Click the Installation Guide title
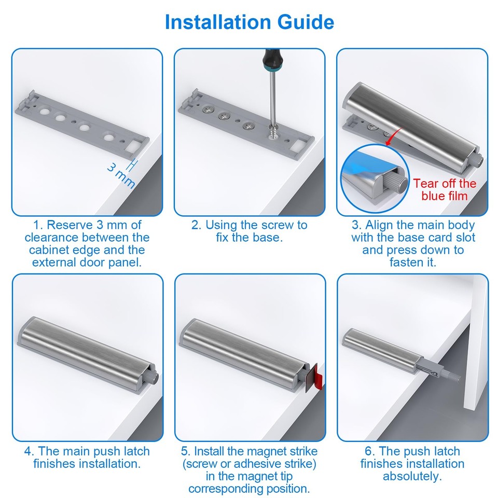tap(249, 23)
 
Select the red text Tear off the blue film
tap(445, 189)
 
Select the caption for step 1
tap(87, 243)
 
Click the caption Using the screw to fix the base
tap(250, 231)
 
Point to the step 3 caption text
tap(413, 243)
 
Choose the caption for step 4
tap(87, 457)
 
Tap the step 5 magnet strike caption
tap(250, 469)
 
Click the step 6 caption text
tap(413, 463)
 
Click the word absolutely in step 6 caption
tap(413, 476)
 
